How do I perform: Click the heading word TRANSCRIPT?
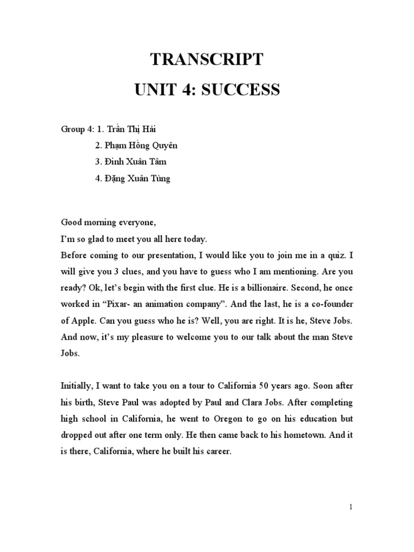(x=207, y=59)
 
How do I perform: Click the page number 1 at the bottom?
(x=350, y=507)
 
